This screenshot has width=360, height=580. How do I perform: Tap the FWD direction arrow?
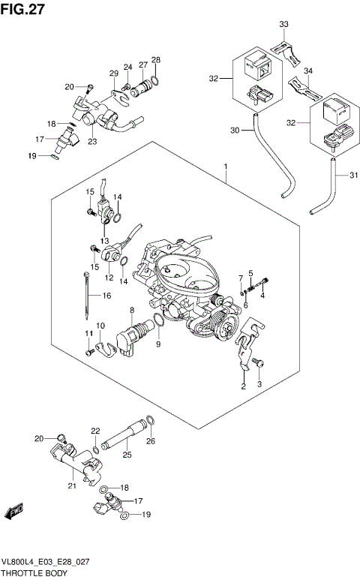click(x=13, y=512)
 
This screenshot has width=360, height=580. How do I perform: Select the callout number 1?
click(x=225, y=166)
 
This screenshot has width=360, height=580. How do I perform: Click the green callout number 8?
click(x=131, y=309)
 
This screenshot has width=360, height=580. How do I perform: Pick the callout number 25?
click(x=127, y=455)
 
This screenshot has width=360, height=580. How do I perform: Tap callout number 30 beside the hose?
click(x=235, y=131)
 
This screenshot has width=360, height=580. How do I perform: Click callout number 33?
click(x=284, y=25)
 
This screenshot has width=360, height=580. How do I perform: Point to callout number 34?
click(x=308, y=72)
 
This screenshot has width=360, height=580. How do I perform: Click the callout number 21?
click(x=73, y=487)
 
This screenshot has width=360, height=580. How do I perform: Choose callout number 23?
click(x=92, y=140)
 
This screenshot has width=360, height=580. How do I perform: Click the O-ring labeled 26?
click(x=149, y=422)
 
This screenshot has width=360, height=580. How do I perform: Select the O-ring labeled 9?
click(x=159, y=323)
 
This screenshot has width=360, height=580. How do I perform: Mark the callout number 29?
click(x=114, y=73)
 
